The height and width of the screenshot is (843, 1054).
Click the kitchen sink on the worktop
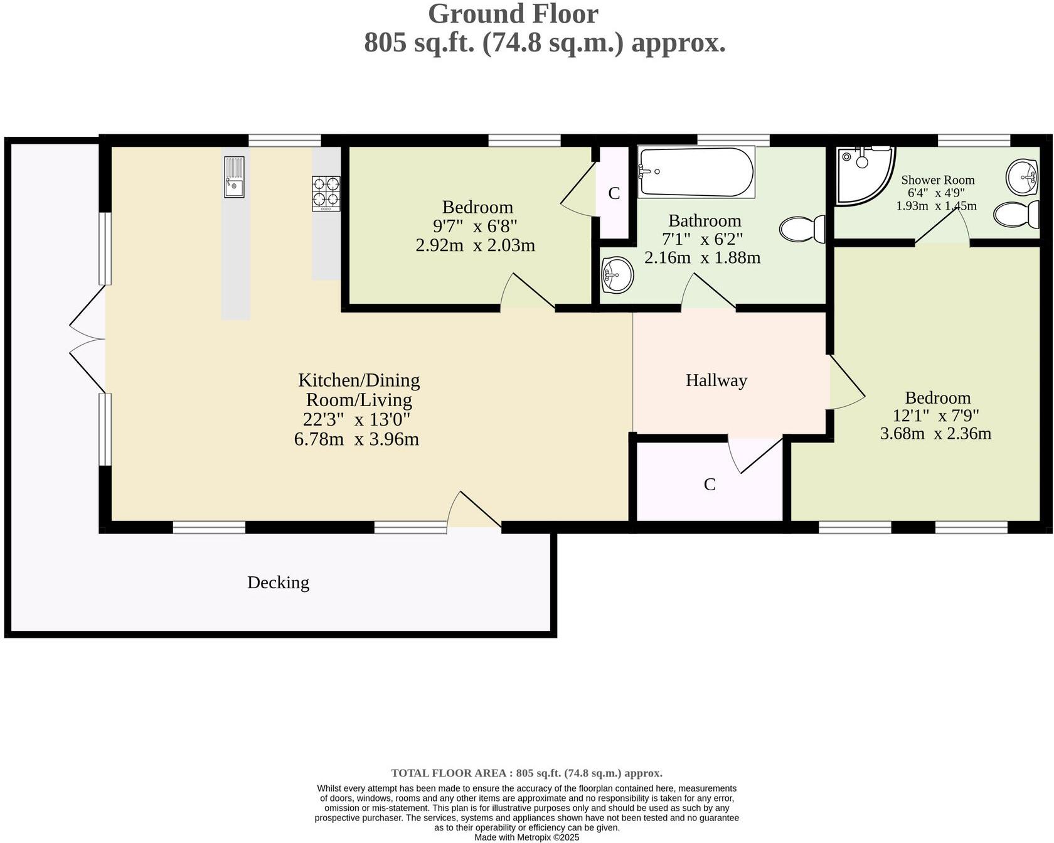234,177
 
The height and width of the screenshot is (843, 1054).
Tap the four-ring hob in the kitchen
326,193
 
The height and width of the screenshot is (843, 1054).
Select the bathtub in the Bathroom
696,171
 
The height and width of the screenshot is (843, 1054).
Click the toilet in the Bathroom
802,229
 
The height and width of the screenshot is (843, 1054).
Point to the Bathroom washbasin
617,275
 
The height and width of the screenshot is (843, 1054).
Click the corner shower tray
863,174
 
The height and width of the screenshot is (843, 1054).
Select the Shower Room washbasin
1023,178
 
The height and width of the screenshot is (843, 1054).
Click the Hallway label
716,380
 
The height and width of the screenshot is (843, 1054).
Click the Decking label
278,583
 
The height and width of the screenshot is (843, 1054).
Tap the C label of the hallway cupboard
710,485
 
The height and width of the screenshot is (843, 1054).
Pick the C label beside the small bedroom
614,193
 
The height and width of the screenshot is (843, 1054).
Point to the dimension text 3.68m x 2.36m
935,433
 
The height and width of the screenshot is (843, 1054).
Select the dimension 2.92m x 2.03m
475,245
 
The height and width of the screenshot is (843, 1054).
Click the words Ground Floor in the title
513,14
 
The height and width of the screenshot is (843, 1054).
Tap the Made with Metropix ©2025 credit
526,837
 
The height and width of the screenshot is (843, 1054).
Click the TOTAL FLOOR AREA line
526,773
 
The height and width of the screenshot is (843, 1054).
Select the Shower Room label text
937,180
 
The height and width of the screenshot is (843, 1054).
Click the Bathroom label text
705,221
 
